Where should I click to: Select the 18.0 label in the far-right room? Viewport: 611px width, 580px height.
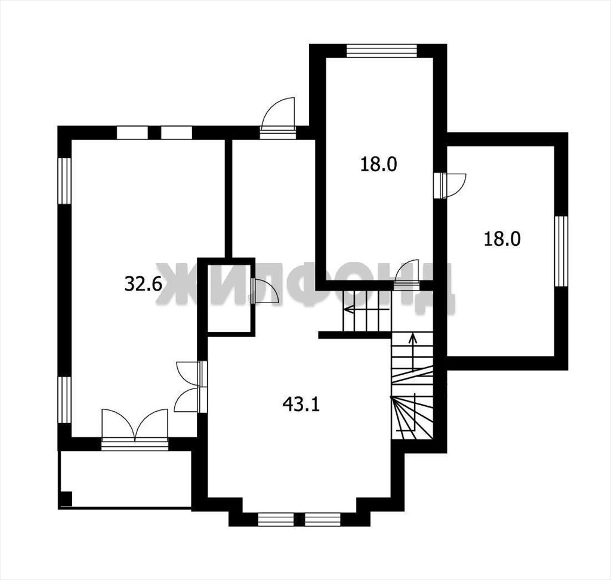click(x=502, y=239)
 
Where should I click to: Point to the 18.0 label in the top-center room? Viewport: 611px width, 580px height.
click(x=378, y=164)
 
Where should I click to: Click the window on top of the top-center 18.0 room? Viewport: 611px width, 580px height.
click(x=382, y=51)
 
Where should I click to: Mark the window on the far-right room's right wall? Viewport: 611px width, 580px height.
click(x=561, y=251)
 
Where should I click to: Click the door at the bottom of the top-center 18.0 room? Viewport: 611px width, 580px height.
click(x=407, y=275)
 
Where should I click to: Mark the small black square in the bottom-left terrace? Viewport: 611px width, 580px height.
click(x=66, y=498)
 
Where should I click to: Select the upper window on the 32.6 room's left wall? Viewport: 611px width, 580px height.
click(x=64, y=180)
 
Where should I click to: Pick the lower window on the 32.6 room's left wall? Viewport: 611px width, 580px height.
click(x=64, y=400)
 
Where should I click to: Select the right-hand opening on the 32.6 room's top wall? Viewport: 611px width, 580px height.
click(x=177, y=132)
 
